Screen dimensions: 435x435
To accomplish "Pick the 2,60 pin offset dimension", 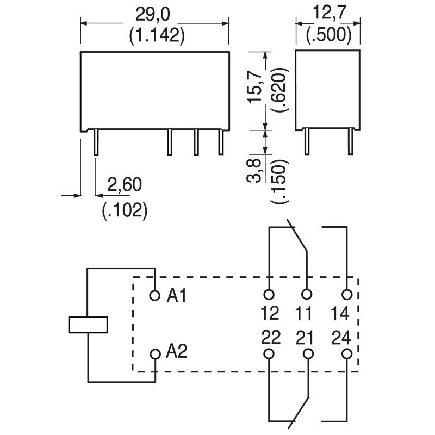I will click(x=125, y=185).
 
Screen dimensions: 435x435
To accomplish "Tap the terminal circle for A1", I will click(x=155, y=295).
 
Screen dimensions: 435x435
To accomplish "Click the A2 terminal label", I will click(x=176, y=352).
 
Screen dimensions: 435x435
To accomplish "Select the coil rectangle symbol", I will click(x=88, y=324).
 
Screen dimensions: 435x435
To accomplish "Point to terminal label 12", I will click(x=269, y=314).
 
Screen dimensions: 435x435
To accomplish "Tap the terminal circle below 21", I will click(x=308, y=355).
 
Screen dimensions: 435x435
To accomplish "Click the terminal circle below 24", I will click(x=346, y=355).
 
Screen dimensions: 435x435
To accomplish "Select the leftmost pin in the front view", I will click(x=96, y=142).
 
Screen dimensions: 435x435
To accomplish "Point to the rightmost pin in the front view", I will click(x=221, y=142).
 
